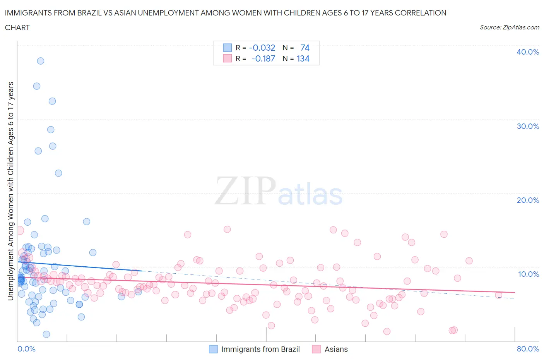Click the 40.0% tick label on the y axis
coord(527,52)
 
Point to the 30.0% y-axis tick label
coord(527,126)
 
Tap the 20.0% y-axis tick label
coord(527,200)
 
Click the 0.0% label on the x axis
coord(26,349)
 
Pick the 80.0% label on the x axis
coord(527,349)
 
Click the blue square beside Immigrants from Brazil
coord(213,349)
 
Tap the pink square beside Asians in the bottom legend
coord(316,349)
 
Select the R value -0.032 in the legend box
coord(262,48)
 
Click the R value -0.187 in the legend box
coord(263,58)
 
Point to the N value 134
coord(303,58)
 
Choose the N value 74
coord(305,48)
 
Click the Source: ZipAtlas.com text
coord(509,27)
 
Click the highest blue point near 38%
coord(40,61)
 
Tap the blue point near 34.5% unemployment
coord(37,86)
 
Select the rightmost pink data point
coord(498,295)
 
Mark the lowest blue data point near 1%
coord(46,334)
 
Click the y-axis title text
coord(10,191)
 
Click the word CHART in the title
coord(17,27)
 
